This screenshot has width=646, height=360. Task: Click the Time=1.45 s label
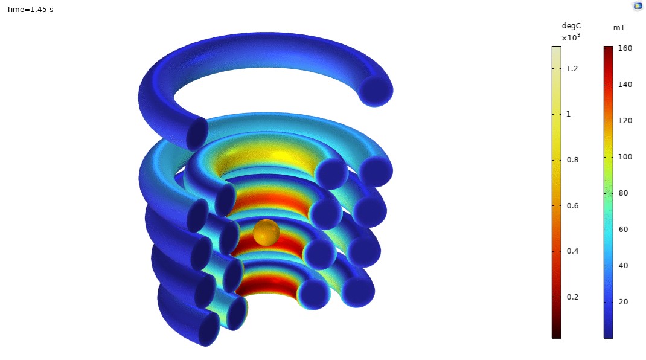point(30,10)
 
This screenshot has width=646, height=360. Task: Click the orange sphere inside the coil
point(266,233)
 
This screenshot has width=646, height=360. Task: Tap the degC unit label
point(571,26)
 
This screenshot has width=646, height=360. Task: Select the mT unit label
point(619,28)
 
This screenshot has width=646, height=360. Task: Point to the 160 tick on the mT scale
point(625,48)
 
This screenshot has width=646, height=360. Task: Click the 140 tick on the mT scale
point(625,85)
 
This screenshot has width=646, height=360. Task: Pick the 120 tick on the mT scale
point(625,121)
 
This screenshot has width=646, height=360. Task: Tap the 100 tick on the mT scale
point(625,157)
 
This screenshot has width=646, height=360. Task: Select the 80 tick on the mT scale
point(623,193)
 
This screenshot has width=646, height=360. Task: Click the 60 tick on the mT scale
point(623,230)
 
